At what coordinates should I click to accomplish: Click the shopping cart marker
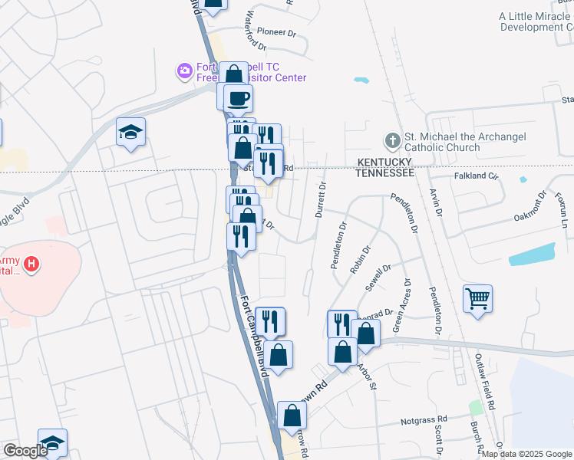tap(477, 298)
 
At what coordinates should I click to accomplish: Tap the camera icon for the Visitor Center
tap(184, 72)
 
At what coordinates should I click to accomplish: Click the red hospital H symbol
tap(31, 265)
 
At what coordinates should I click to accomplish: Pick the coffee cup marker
tap(238, 98)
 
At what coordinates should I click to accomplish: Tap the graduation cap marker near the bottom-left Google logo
tap(52, 443)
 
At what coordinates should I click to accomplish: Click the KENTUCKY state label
tap(384, 163)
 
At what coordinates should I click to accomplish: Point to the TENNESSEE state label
tap(384, 173)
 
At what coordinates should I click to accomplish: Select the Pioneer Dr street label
tap(276, 33)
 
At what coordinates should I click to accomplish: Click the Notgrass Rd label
tap(424, 420)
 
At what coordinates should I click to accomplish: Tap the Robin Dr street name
tap(360, 259)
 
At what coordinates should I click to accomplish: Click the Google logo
tap(25, 451)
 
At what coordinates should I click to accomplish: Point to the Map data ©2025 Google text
tap(526, 454)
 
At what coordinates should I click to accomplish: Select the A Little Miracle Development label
tap(536, 21)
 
